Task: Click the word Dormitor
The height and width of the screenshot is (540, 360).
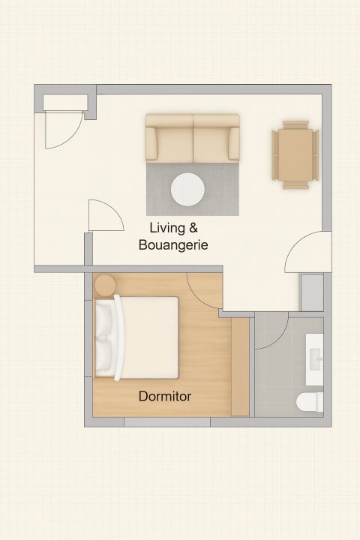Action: pyautogui.click(x=165, y=396)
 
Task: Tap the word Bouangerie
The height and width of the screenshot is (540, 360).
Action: pyautogui.click(x=173, y=245)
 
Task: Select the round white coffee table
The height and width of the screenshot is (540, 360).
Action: pyautogui.click(x=187, y=190)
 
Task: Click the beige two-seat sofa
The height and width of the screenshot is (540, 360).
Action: pyautogui.click(x=192, y=139)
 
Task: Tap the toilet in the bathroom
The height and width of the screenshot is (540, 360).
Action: pyautogui.click(x=310, y=402)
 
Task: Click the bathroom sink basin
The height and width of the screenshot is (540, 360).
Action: pyautogui.click(x=316, y=359)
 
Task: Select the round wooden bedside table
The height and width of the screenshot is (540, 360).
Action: pyautogui.click(x=105, y=285)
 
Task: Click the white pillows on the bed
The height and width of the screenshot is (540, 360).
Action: pyautogui.click(x=105, y=337)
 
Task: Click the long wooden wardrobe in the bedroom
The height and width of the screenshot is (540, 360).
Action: pyautogui.click(x=240, y=367)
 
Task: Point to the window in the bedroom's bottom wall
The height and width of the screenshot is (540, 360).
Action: pyautogui.click(x=167, y=421)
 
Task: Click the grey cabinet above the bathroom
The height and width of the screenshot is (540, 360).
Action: pyautogui.click(x=312, y=292)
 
